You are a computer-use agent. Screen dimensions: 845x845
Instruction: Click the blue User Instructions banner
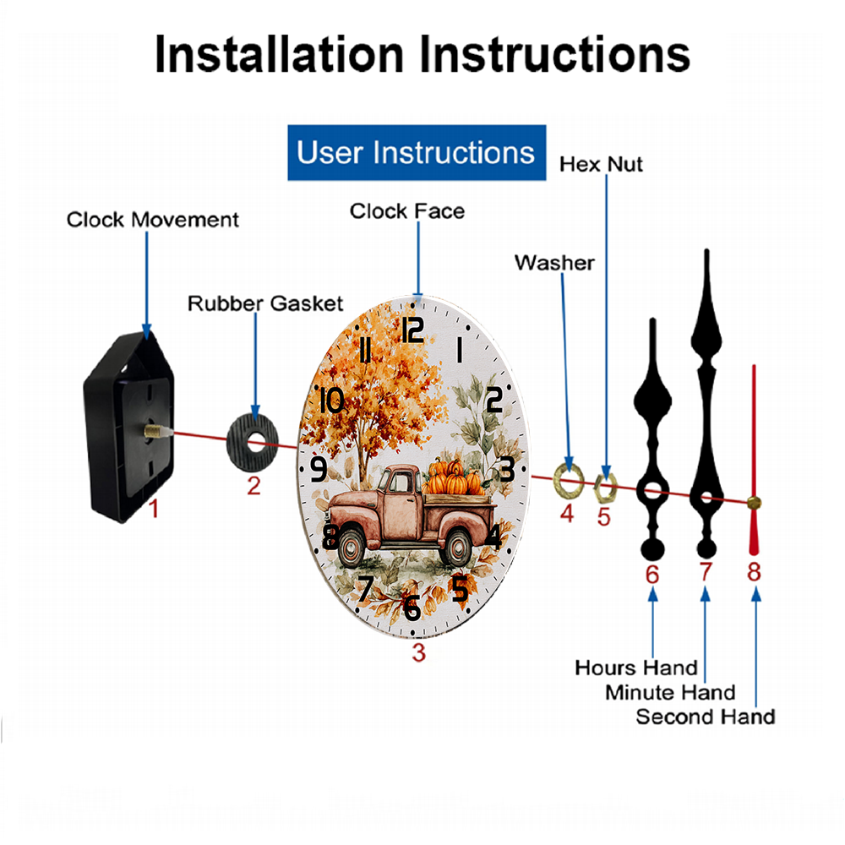click(x=417, y=152)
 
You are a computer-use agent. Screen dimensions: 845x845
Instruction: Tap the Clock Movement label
click(x=152, y=220)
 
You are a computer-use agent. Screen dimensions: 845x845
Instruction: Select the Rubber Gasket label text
click(x=265, y=303)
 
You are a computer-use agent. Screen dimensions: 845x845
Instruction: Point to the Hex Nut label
click(x=601, y=165)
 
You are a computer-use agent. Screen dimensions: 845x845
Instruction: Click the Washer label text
click(x=554, y=263)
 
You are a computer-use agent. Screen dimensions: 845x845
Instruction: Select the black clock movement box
click(x=129, y=427)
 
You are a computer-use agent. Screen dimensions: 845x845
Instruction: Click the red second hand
click(x=754, y=461)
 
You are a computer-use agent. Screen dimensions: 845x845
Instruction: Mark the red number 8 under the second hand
click(x=754, y=572)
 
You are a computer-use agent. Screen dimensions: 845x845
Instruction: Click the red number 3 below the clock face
click(x=419, y=652)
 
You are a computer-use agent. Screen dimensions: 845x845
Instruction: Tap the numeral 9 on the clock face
click(x=319, y=469)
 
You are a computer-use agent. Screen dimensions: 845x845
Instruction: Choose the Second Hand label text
click(x=706, y=717)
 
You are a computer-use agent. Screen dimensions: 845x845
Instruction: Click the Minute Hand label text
click(x=670, y=693)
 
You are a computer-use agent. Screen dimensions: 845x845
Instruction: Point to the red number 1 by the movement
click(x=154, y=509)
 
